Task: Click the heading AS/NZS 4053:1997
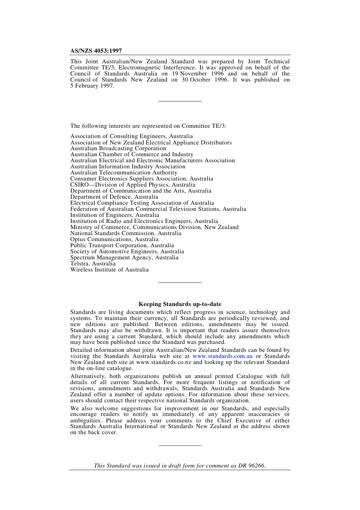96,51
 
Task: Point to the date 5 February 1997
91,86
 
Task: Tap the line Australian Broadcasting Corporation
118,148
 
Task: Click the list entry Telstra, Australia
93,264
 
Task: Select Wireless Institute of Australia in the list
109,270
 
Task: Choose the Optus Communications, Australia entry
114,239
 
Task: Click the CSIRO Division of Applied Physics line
133,185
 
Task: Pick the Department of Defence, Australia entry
114,197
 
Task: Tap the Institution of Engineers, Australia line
114,215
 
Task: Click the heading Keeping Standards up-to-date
180,304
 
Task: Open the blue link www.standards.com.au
222,356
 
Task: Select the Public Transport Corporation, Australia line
122,245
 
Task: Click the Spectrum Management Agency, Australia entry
124,257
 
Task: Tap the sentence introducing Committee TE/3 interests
148,126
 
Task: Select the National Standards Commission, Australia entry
125,233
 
